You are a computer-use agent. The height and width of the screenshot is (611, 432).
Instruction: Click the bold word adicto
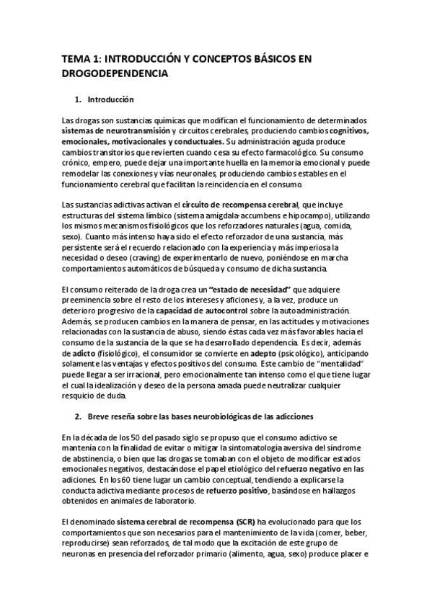pos(88,354)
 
